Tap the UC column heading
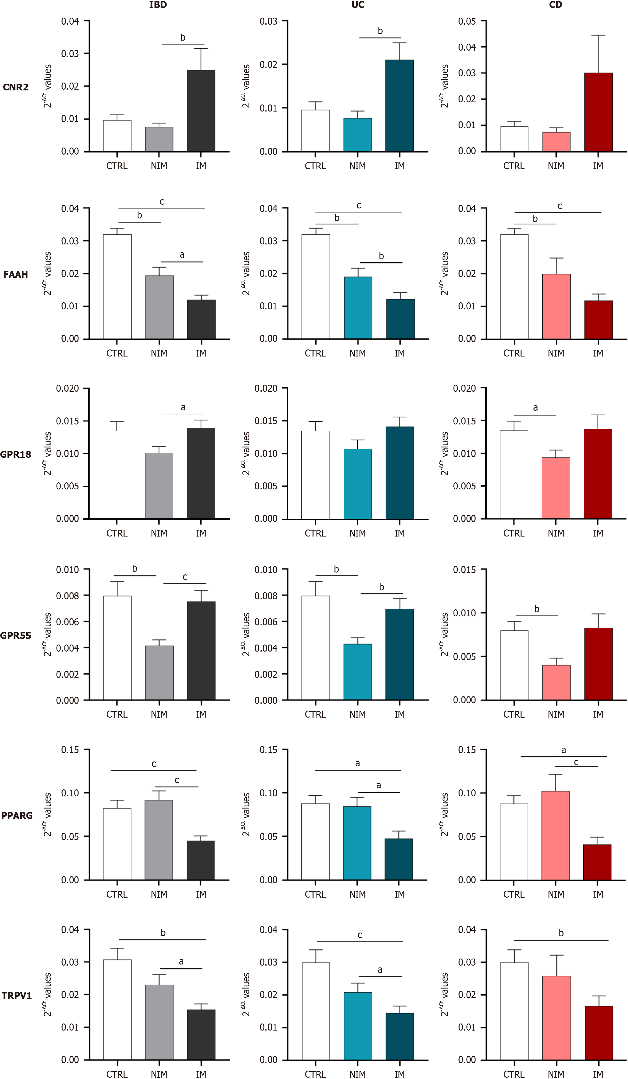pos(358,5)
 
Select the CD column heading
pos(556,5)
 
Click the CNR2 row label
pos(16,87)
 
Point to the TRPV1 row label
pos(17,996)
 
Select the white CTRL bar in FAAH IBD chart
pos(117,287)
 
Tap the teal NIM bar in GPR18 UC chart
pos(358,484)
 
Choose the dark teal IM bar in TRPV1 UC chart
pos(400,1037)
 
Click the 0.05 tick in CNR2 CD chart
pos(467,21)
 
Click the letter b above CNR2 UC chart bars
pos(380,31)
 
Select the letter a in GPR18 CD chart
pos(535,408)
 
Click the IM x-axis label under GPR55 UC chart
pos(400,715)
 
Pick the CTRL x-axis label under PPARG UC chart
pos(315,894)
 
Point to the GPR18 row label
pos(16,455)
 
